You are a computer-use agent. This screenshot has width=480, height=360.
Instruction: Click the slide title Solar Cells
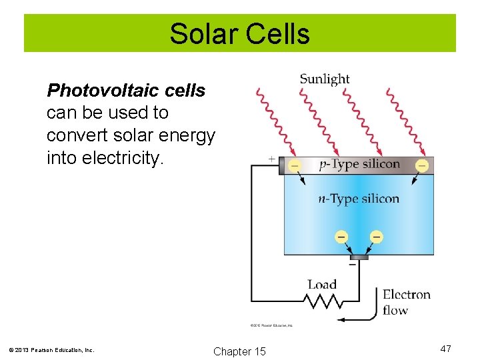tap(239, 33)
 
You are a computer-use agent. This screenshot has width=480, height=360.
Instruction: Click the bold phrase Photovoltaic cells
tap(126, 90)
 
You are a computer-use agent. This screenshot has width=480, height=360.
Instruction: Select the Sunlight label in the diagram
tap(324, 79)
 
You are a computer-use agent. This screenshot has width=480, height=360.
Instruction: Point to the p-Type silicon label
tap(359, 164)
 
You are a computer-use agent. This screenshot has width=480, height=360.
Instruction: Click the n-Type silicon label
tap(359, 198)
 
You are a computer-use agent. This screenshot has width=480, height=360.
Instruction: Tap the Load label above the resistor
tap(322, 285)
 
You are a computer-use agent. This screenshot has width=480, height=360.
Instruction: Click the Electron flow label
tap(406, 302)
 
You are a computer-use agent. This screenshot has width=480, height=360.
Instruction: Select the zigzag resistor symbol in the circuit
tap(322, 302)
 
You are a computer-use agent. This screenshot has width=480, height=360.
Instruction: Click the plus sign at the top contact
tap(271, 159)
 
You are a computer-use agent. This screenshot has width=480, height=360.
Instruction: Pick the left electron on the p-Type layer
tap(295, 165)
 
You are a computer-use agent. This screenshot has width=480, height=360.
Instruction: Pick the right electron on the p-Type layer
tap(421, 165)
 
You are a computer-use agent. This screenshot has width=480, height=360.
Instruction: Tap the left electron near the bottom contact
tap(341, 237)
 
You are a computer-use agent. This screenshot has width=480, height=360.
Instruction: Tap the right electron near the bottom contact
tap(376, 237)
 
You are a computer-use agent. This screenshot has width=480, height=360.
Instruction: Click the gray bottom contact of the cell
tap(359, 257)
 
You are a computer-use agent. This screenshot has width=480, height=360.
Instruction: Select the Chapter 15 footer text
tap(239, 351)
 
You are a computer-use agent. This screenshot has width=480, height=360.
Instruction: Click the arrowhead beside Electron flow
tap(341, 319)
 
